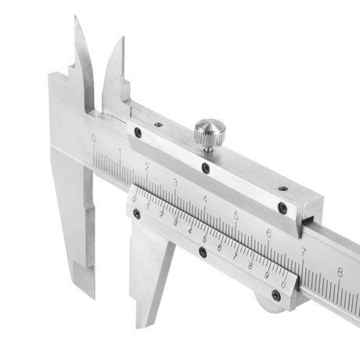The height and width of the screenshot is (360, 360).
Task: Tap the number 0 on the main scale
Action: coord(95,139)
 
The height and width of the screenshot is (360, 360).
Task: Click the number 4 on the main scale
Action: coord(205,199)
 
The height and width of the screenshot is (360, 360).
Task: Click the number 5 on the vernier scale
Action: coord(205,238)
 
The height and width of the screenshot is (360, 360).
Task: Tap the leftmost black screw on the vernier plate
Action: coord(137,213)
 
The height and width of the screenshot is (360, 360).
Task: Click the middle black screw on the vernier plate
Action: coord(203,252)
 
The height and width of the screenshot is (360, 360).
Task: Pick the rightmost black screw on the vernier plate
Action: coord(275,295)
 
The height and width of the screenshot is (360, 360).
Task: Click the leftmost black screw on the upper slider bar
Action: coord(138,132)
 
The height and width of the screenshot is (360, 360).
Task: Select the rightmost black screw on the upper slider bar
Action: coord(283,208)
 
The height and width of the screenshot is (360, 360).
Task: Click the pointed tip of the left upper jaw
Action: coord(75,17)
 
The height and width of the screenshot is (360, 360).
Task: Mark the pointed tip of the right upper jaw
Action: coord(123,37)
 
